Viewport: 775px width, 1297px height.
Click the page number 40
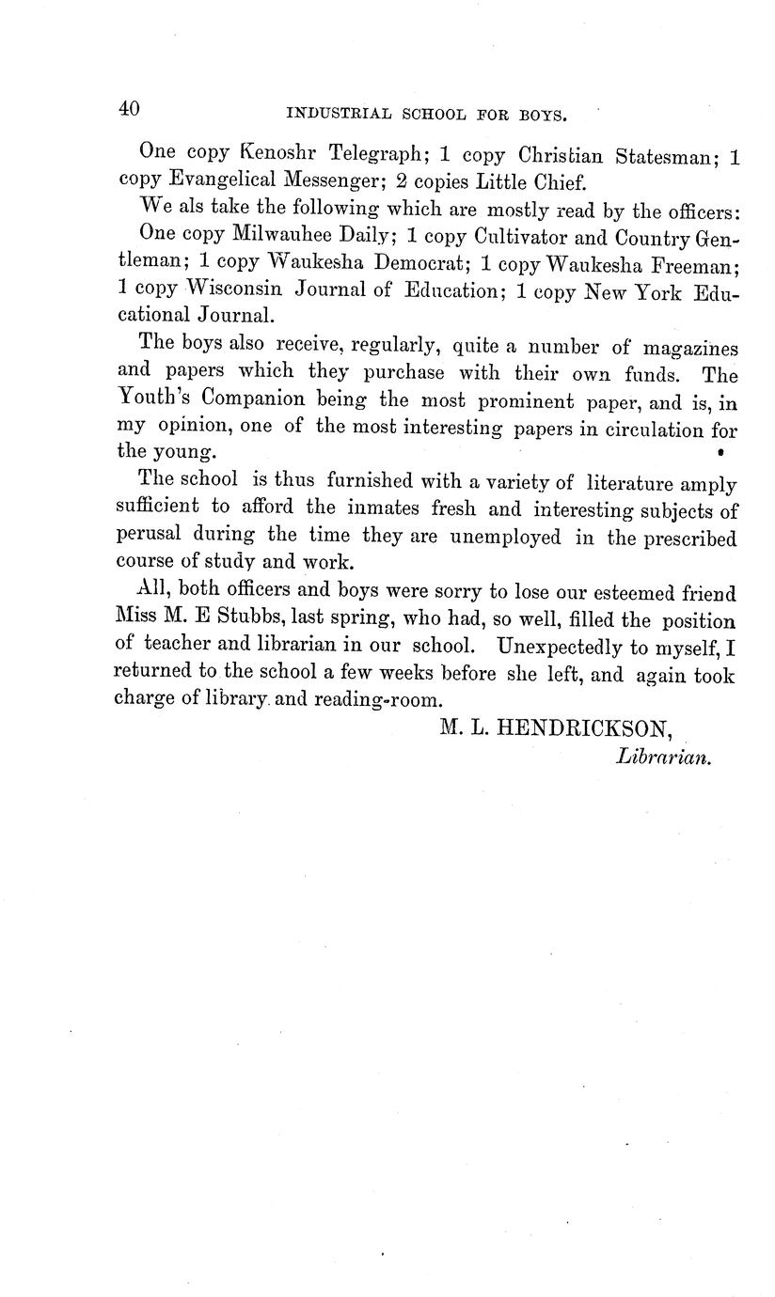[129, 109]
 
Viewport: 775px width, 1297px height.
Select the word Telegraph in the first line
[374, 153]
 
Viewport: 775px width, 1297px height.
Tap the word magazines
[691, 348]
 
